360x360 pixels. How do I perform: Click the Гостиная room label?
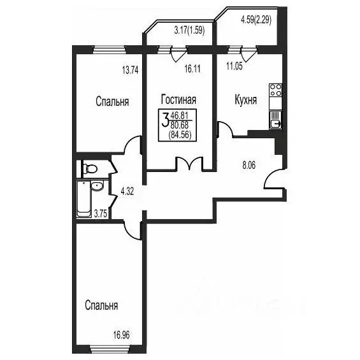pos(178,99)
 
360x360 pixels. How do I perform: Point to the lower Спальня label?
pos(101,305)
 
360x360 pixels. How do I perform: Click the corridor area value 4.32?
pos(128,189)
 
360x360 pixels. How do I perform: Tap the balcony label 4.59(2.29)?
pos(256,20)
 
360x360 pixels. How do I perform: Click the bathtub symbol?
pos(83,198)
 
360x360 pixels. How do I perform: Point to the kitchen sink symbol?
pos(276,119)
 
